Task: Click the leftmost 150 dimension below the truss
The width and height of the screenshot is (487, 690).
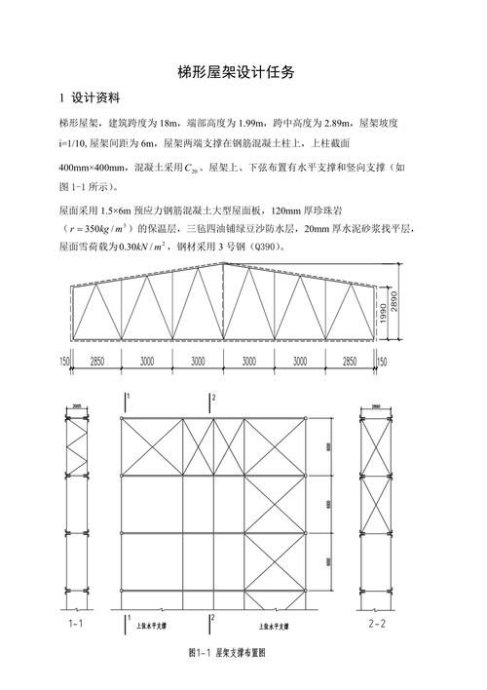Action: coord(64,361)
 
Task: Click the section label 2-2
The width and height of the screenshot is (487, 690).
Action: coord(374,620)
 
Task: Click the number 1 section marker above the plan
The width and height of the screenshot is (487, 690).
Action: coord(128,398)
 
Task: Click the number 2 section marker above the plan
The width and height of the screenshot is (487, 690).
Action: coord(212,398)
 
